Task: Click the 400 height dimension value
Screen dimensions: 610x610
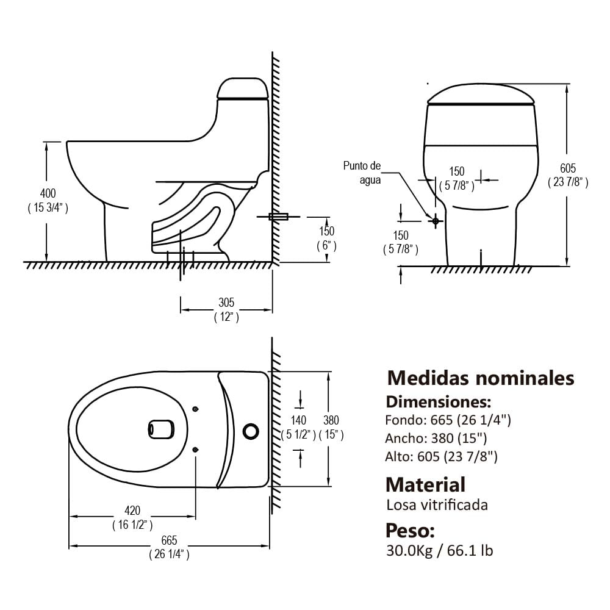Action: coord(48,193)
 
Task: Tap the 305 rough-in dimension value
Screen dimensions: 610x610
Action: coord(226,303)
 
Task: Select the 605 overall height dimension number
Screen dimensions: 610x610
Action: coord(567,168)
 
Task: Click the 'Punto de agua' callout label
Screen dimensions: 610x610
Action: coord(362,173)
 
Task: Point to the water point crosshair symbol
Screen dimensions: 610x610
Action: coord(436,221)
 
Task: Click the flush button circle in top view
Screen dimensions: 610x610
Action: coord(251,431)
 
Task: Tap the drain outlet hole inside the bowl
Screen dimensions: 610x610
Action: coord(161,429)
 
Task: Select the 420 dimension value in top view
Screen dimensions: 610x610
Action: coord(132,510)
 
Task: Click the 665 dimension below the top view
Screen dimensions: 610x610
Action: coord(169,540)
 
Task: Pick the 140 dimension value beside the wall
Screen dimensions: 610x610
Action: coord(298,420)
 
